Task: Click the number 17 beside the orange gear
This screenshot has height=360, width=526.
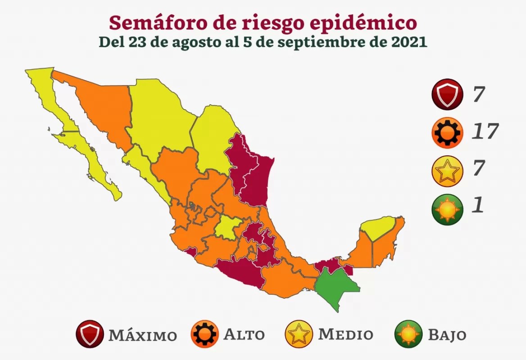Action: [485, 131]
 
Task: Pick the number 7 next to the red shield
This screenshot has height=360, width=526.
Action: [478, 94]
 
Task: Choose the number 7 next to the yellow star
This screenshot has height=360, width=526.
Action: [478, 168]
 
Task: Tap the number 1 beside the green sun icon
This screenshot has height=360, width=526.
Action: [477, 206]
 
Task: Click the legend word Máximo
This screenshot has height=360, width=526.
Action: [142, 335]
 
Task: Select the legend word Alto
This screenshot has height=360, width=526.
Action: [244, 335]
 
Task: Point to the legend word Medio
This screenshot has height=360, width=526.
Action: [346, 335]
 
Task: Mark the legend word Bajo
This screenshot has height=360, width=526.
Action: [447, 335]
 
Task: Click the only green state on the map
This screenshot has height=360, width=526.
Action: [336, 288]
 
